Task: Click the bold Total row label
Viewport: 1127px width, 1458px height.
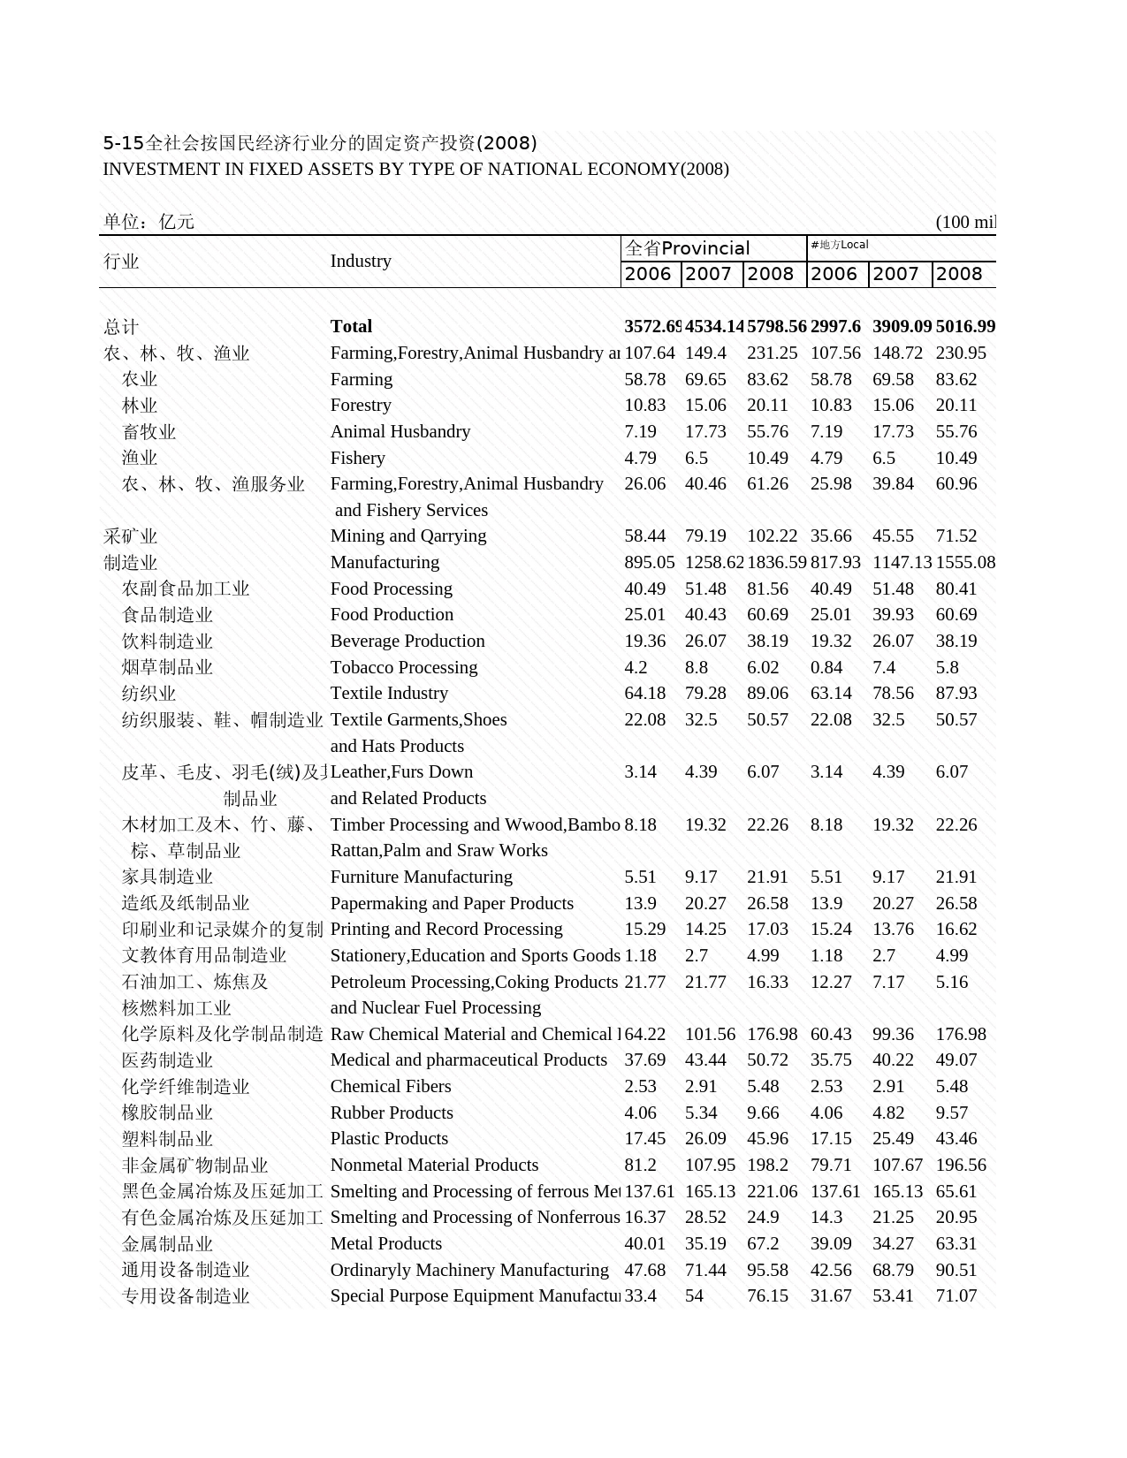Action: pos(351,327)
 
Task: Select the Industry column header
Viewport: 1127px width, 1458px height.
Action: pos(361,262)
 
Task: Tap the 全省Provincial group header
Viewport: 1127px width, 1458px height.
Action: pos(687,248)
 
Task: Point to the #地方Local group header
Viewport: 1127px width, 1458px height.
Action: pos(839,245)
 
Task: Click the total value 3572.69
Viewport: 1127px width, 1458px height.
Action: pos(652,327)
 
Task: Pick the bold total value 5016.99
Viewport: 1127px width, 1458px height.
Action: pos(965,327)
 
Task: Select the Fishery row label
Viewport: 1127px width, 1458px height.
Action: pos(357,458)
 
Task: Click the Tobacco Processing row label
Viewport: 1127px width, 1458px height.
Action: pos(403,667)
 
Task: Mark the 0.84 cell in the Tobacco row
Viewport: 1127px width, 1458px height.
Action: pos(826,667)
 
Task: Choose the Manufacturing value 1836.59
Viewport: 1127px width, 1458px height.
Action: pos(776,562)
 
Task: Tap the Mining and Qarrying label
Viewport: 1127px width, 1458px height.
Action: pos(407,536)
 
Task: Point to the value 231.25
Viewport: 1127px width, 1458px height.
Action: pos(772,353)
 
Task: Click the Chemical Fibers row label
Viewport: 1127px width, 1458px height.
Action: pos(390,1086)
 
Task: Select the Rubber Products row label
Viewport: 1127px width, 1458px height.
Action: pos(391,1112)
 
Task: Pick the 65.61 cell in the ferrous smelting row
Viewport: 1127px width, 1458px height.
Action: pos(956,1191)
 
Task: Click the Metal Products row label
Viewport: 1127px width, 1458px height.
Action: pos(385,1243)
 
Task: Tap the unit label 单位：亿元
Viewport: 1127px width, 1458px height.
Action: pos(148,222)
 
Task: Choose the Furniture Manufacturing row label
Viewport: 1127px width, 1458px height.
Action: pos(421,877)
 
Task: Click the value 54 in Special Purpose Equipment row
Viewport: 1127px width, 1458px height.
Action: pos(694,1296)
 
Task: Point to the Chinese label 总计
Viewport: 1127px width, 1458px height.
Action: pos(121,327)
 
